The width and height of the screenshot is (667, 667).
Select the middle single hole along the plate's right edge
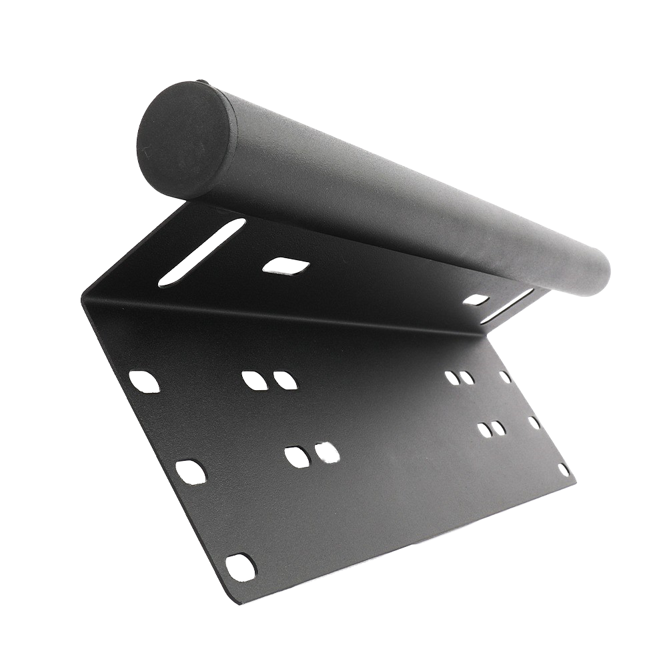[534, 423]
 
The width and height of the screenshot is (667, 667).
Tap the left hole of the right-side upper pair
[452, 378]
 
